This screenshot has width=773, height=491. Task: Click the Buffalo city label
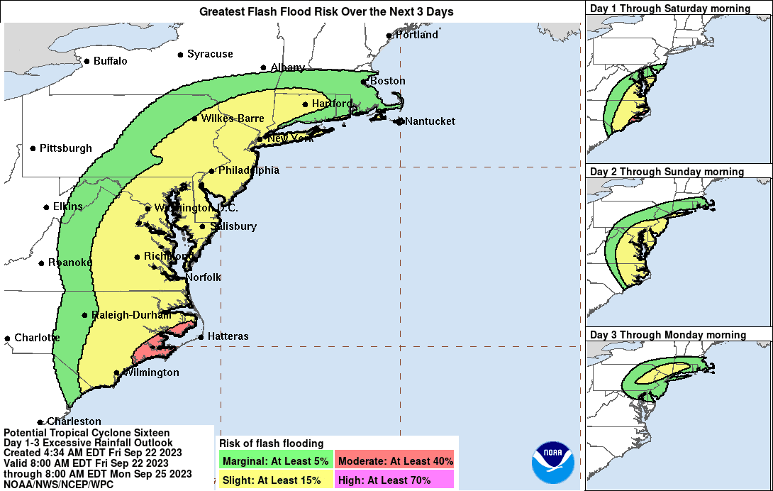pos(111,61)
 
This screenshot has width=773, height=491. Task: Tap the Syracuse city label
pos(210,54)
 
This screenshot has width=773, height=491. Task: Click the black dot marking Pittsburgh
pos(33,148)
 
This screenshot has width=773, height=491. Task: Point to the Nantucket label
pos(430,121)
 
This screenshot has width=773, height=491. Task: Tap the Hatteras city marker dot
pos(201,336)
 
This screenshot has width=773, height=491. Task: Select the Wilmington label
pos(151,373)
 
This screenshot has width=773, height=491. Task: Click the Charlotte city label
pos(37,338)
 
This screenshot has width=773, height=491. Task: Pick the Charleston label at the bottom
pos(74,421)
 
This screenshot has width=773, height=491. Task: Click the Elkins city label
pos(67,206)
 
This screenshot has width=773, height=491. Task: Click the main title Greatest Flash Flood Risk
pos(326,11)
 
